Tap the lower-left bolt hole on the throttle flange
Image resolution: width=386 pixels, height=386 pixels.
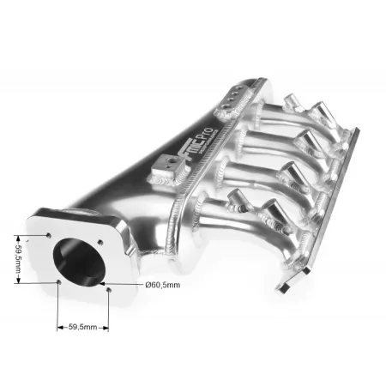57,280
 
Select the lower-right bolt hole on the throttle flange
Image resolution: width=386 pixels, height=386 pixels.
109,289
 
